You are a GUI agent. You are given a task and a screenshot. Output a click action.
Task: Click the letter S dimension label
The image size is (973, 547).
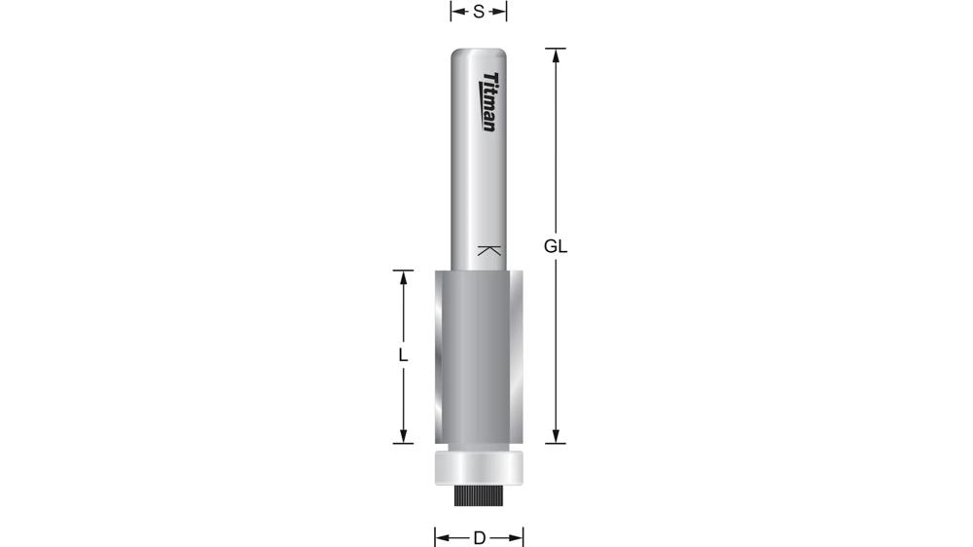tap(479, 12)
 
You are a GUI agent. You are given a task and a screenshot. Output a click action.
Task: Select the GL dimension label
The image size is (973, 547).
tap(556, 246)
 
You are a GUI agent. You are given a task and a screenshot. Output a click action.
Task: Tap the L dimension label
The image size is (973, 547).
tap(402, 356)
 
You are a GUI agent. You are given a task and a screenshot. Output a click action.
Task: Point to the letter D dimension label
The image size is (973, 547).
tap(479, 537)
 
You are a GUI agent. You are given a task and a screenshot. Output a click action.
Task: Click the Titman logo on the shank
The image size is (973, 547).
tap(490, 102)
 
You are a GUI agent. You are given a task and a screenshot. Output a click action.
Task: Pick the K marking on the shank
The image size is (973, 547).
tap(490, 250)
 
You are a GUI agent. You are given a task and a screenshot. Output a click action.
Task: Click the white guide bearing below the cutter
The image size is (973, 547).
tap(478, 467)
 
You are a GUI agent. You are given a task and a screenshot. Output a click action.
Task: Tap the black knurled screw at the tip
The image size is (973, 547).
tap(478, 495)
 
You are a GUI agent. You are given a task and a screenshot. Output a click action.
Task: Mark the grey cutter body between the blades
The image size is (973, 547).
tap(478, 355)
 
